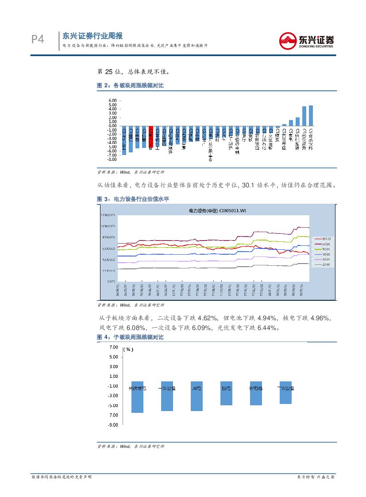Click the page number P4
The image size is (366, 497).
38,40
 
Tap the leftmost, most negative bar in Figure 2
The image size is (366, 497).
124,140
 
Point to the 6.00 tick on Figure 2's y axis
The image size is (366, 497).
112,101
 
